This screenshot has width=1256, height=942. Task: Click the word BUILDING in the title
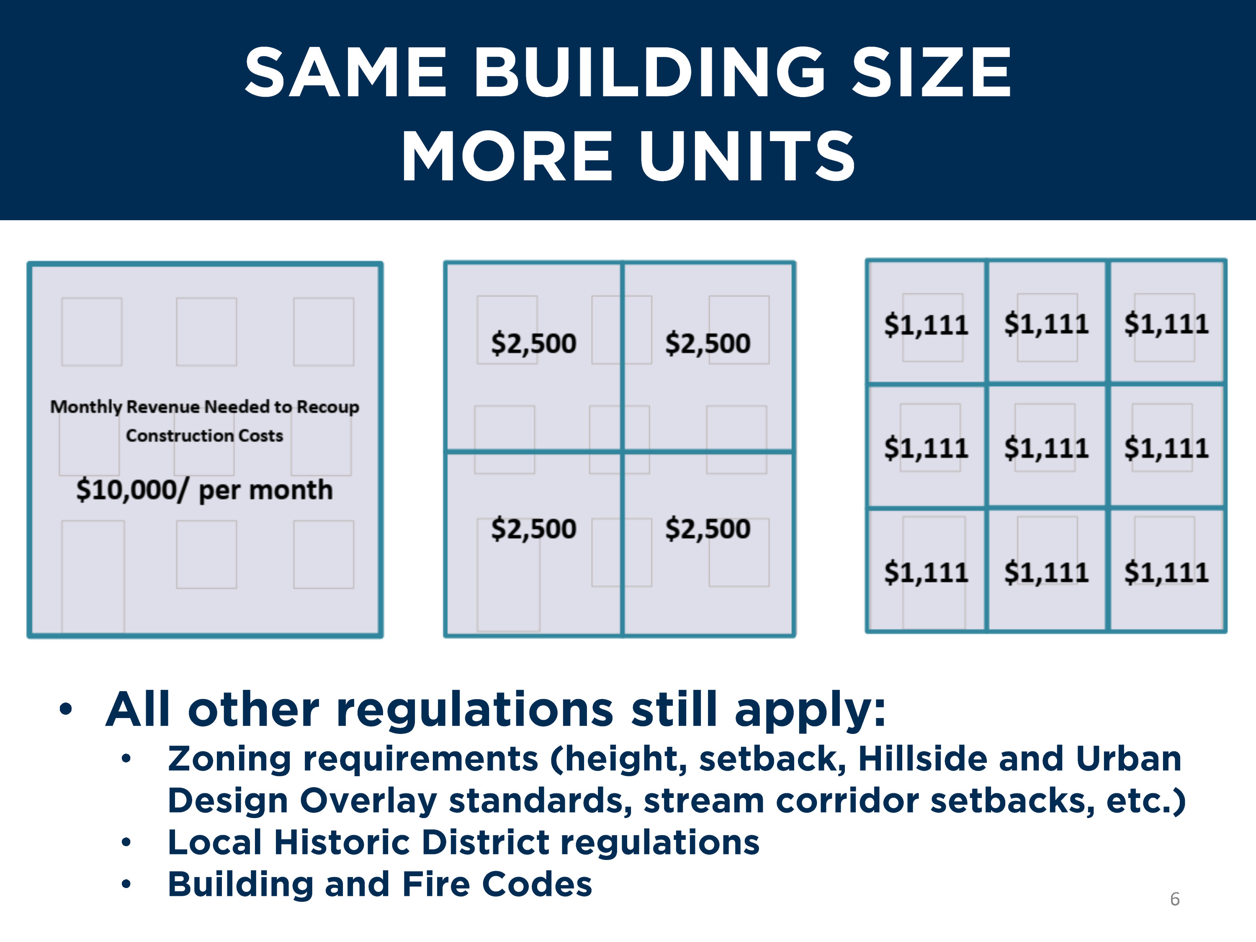(x=649, y=73)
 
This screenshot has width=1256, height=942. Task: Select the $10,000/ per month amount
(x=204, y=490)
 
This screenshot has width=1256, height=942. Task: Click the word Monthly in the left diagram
(x=86, y=407)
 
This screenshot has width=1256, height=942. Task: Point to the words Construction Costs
(x=204, y=435)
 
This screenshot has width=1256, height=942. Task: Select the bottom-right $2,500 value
(x=708, y=529)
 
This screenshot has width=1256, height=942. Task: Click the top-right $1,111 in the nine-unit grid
(x=1166, y=324)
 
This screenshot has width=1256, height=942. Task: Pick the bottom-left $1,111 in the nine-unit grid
(x=926, y=572)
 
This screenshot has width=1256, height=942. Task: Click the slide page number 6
(x=1175, y=899)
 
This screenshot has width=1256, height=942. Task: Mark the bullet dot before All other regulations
(x=66, y=709)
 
